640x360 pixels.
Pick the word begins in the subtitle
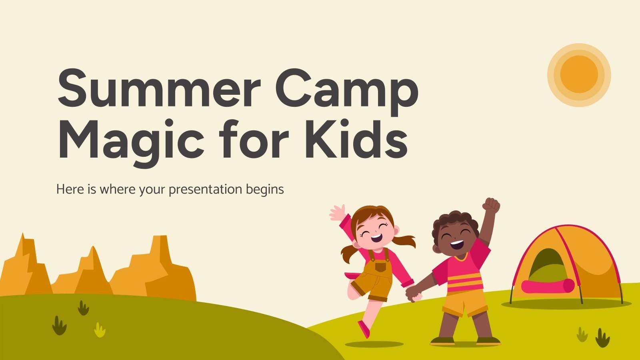point(264,190)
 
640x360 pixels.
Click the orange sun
point(579,75)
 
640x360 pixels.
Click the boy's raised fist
point(491,206)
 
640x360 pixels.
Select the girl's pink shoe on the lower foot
point(364,329)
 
